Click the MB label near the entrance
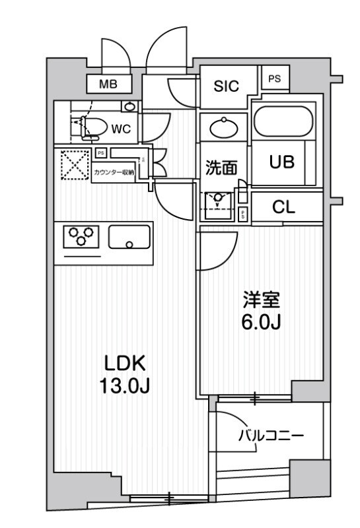109,84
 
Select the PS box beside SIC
275,78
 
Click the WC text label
120,129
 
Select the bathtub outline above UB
286,121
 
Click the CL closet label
284,207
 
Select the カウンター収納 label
114,172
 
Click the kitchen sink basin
129,237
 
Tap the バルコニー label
270,436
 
